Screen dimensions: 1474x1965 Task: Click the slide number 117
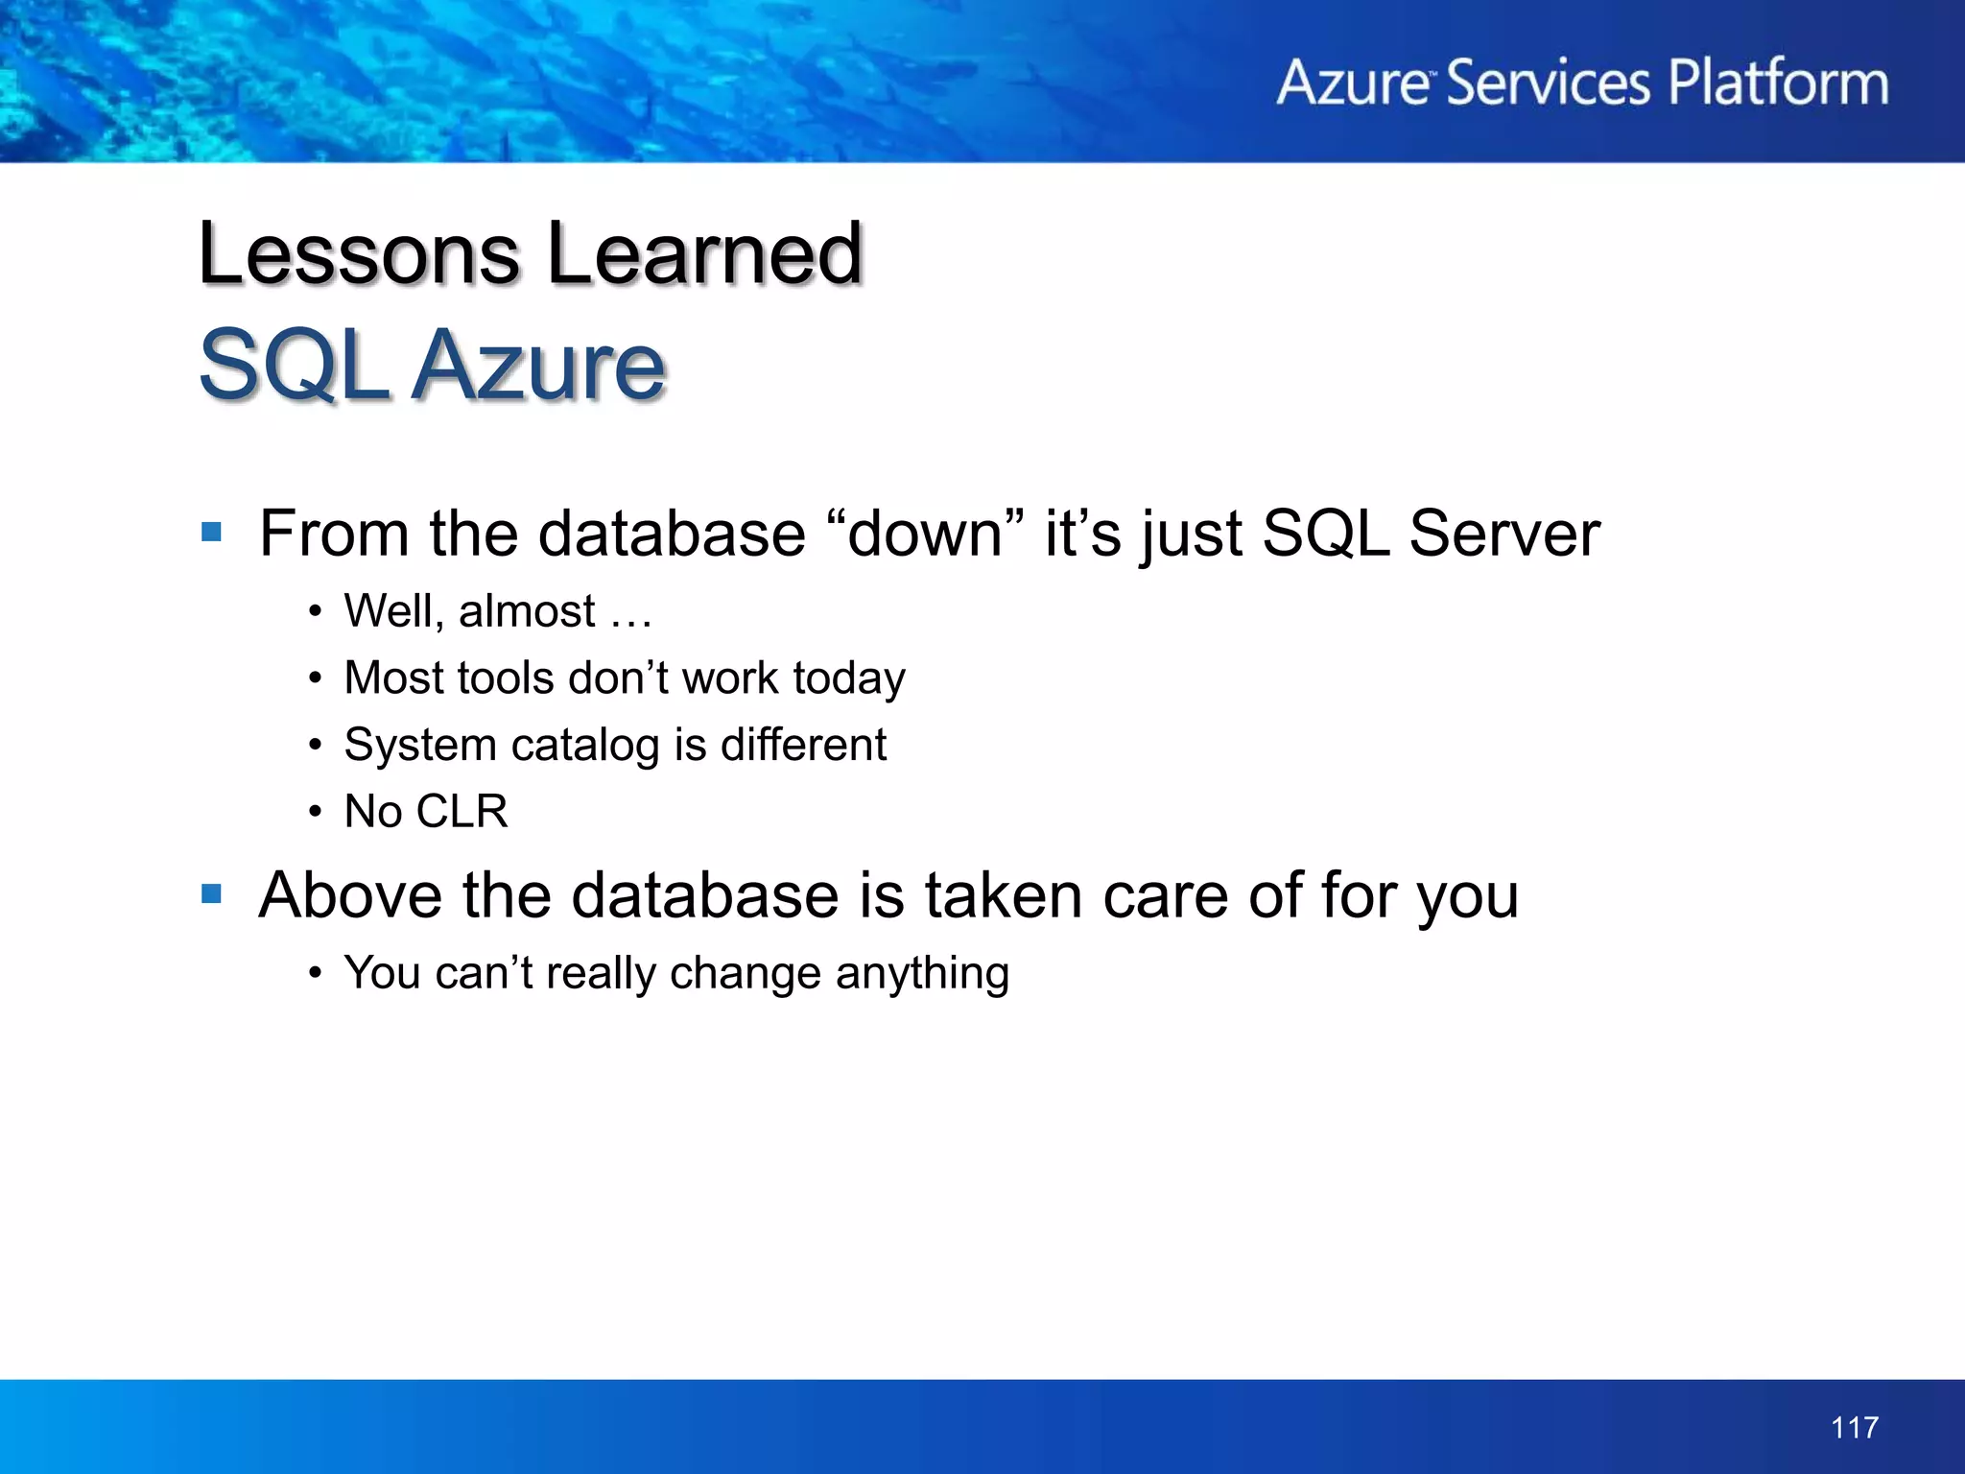pos(1854,1427)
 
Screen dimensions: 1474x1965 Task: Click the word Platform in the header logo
pos(1778,83)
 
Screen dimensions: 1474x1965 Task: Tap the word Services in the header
pos(1547,83)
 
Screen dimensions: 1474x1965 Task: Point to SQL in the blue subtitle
pos(294,366)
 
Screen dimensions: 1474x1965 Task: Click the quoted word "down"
pos(925,534)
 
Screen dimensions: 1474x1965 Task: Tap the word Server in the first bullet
pos(1503,534)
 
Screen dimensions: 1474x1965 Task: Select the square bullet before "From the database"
pos(212,532)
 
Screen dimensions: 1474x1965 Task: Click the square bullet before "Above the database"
pos(212,894)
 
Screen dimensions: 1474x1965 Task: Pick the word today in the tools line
pos(849,679)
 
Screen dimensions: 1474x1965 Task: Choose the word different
pos(803,746)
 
